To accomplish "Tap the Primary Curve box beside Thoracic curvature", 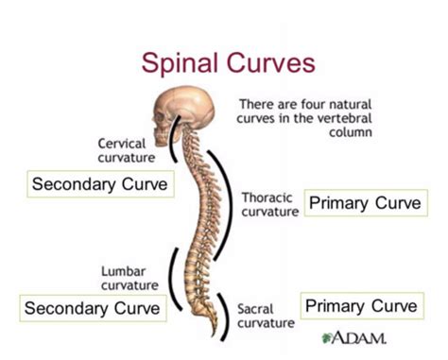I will tap(367, 204).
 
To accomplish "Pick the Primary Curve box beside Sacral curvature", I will tap(360, 306).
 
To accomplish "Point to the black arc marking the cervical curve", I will tap(172, 142).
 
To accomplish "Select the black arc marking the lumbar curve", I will tap(173, 274).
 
